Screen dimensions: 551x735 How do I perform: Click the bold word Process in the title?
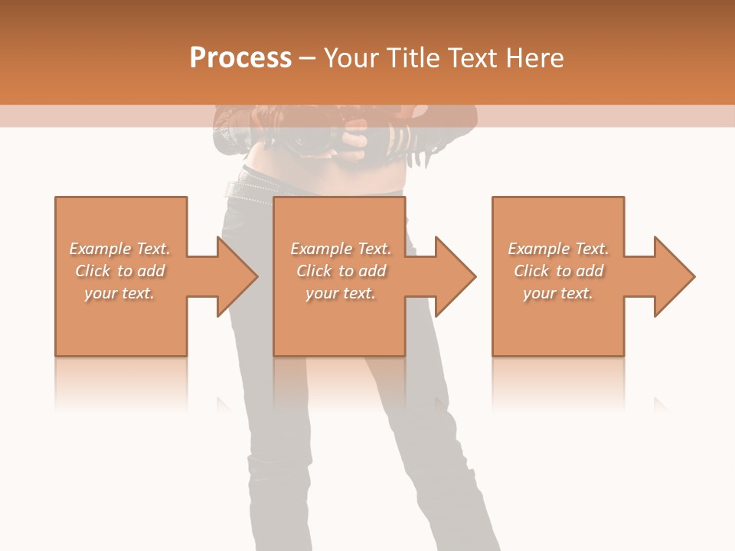tap(240, 58)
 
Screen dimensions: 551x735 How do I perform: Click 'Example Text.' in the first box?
tap(119, 249)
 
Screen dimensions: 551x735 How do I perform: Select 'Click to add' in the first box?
tap(119, 271)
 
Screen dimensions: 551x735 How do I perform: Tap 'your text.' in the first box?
tap(119, 293)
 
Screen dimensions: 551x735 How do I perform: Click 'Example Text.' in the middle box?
tap(341, 249)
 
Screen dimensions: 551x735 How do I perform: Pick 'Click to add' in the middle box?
tap(341, 271)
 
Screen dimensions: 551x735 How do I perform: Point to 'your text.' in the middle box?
tap(341, 293)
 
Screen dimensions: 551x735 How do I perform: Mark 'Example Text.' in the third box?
tap(558, 249)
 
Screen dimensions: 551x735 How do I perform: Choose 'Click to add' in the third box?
tap(558, 271)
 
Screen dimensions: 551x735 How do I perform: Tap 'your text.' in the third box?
tap(558, 293)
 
